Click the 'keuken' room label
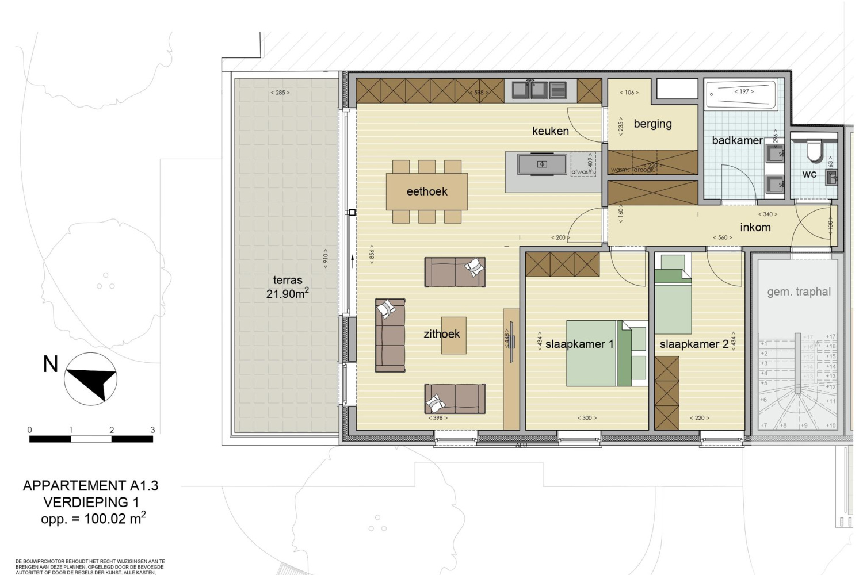pyautogui.click(x=550, y=131)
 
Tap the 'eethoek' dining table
pyautogui.click(x=426, y=191)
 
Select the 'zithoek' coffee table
pyautogui.click(x=453, y=335)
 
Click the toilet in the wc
pyautogui.click(x=815, y=151)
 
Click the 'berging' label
pyautogui.click(x=652, y=124)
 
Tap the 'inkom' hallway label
pyautogui.click(x=755, y=227)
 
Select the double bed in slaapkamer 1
pyautogui.click(x=598, y=353)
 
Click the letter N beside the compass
pyautogui.click(x=51, y=364)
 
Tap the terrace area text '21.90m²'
pyautogui.click(x=287, y=294)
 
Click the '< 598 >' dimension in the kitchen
pyautogui.click(x=479, y=93)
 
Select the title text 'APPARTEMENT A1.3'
pyautogui.click(x=90, y=486)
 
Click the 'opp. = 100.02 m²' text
pyautogui.click(x=93, y=519)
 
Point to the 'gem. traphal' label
pyautogui.click(x=799, y=292)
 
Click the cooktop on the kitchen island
pyautogui.click(x=542, y=164)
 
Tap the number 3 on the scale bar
pyautogui.click(x=152, y=430)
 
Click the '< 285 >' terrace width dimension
pyautogui.click(x=280, y=93)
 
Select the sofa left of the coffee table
pyautogui.click(x=390, y=335)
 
